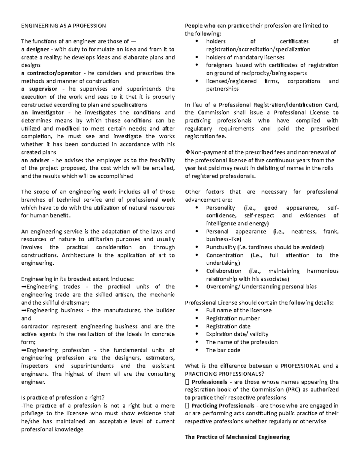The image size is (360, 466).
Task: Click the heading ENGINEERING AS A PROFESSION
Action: (63, 26)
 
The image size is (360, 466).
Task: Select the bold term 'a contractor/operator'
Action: (51, 73)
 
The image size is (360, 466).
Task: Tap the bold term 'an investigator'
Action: (42, 113)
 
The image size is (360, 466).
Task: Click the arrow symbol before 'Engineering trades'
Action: (24, 287)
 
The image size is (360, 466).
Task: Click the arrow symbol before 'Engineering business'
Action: (24, 311)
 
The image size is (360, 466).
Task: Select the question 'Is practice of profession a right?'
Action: (63, 398)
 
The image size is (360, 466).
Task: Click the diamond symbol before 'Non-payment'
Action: (187, 152)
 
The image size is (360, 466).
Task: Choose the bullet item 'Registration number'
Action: (232, 318)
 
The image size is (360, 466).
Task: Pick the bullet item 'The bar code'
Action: (223, 350)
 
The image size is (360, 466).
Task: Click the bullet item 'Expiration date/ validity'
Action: (237, 334)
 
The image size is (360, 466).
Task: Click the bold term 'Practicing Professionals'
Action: (223, 406)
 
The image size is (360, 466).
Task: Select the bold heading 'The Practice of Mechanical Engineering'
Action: (237, 437)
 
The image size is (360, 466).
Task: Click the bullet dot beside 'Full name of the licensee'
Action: (196, 311)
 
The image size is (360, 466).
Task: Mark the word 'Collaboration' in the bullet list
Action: (223, 271)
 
